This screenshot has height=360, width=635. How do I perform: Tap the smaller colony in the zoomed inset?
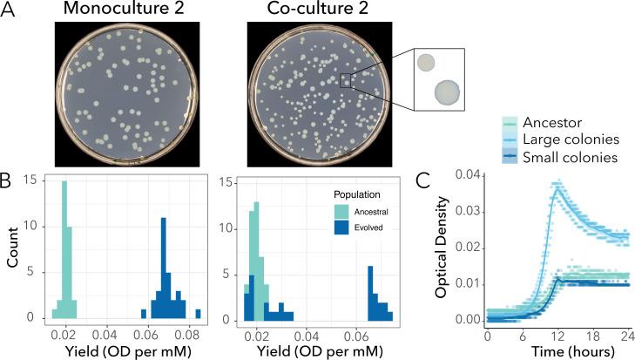pos(426,63)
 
